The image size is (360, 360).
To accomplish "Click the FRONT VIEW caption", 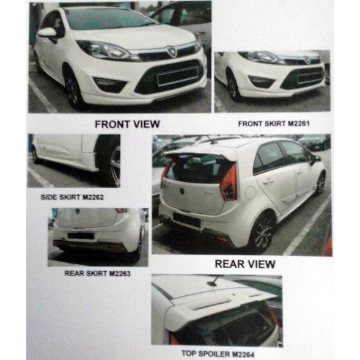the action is [127, 124].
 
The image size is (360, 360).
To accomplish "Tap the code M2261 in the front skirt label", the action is [299, 123].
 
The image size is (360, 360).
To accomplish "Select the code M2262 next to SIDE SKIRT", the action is [93, 197].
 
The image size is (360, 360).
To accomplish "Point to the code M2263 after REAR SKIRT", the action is [120, 273].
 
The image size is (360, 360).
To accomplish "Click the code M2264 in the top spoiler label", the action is [243, 354].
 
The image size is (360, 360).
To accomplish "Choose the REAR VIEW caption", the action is [245, 264].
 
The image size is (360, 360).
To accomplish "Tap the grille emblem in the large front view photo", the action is [172, 52].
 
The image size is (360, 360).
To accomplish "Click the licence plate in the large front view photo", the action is [177, 76].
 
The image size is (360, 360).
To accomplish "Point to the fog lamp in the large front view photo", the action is [110, 84].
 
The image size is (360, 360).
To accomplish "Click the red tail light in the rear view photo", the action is [229, 183].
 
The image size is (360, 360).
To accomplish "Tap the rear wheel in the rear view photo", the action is [264, 232].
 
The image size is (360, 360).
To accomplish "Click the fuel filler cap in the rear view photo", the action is [251, 192].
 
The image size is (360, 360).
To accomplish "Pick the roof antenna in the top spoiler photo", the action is [213, 281].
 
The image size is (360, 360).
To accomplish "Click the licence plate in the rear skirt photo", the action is [81, 236].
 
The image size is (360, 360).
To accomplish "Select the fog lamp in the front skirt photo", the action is [262, 81].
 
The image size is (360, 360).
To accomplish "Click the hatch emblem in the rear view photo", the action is [182, 191].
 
